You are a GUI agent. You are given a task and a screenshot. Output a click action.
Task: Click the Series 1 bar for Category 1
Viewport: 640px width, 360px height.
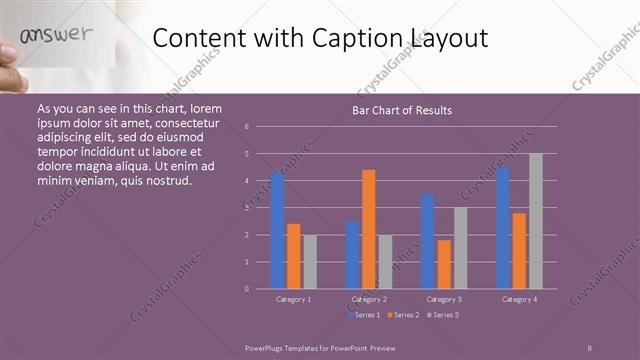click(277, 230)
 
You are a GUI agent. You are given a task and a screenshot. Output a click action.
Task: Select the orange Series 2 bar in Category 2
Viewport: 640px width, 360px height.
click(368, 229)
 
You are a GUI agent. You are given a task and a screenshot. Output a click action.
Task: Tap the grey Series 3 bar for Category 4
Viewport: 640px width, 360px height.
click(535, 221)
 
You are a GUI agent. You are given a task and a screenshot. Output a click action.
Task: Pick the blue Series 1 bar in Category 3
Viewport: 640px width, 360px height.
click(427, 241)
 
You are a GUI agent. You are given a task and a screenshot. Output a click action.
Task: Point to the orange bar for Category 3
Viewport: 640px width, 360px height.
click(444, 264)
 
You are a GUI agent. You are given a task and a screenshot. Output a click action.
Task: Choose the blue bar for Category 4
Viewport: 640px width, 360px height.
click(502, 227)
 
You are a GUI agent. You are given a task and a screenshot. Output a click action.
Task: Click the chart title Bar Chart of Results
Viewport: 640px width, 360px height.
click(401, 110)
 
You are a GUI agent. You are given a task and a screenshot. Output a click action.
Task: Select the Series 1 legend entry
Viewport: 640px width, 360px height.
click(362, 315)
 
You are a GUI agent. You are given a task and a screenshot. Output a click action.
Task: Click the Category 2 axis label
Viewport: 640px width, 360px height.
click(368, 299)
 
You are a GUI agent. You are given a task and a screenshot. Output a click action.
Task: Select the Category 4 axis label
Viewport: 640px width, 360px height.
click(518, 299)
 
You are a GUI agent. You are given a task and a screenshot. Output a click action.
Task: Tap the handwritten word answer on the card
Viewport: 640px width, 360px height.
click(57, 35)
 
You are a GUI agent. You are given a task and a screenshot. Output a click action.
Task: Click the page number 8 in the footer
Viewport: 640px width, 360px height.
click(589, 346)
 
